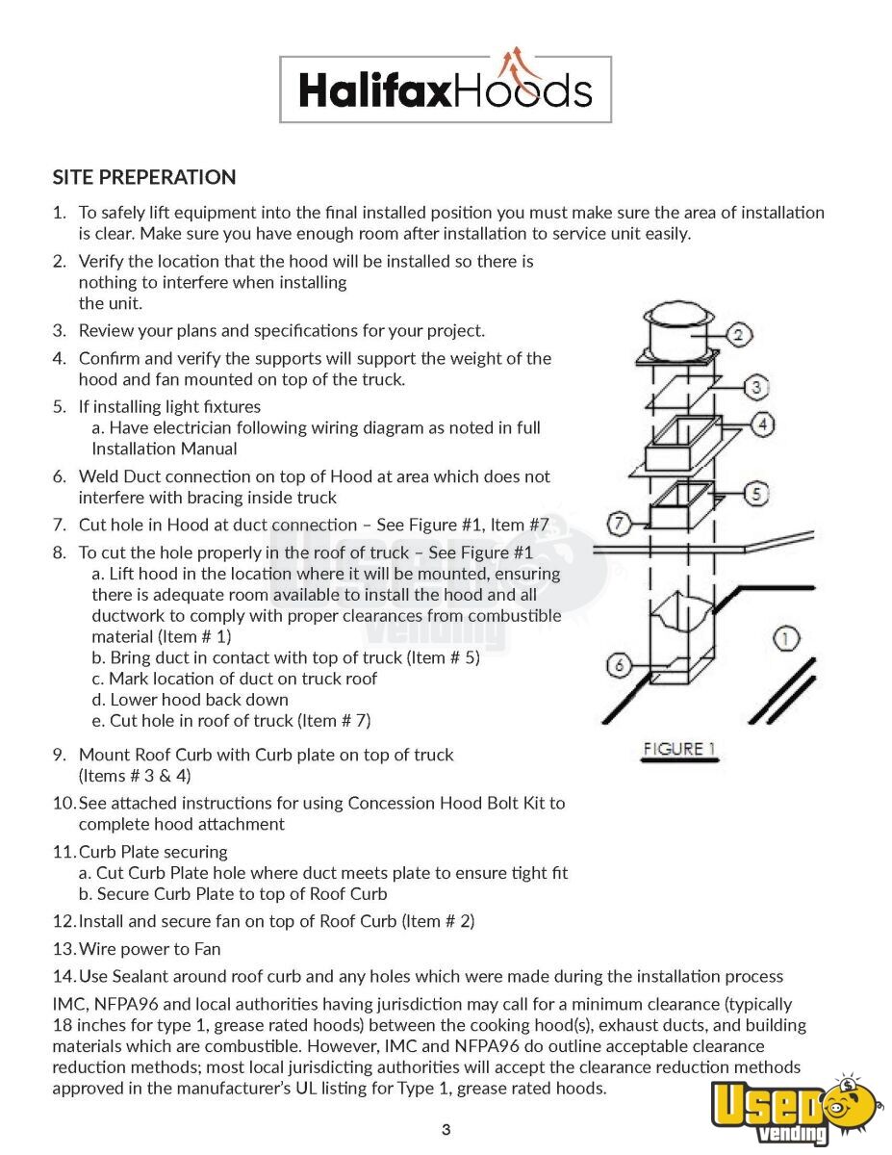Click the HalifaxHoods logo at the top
tap(446, 89)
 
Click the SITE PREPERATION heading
tap(144, 177)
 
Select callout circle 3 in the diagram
tap(757, 387)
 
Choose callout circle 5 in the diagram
tap(757, 493)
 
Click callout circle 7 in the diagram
tap(621, 525)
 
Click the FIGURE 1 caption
tap(679, 749)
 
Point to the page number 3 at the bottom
tap(446, 1130)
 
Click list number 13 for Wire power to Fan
tap(64, 949)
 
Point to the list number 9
tap(60, 755)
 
